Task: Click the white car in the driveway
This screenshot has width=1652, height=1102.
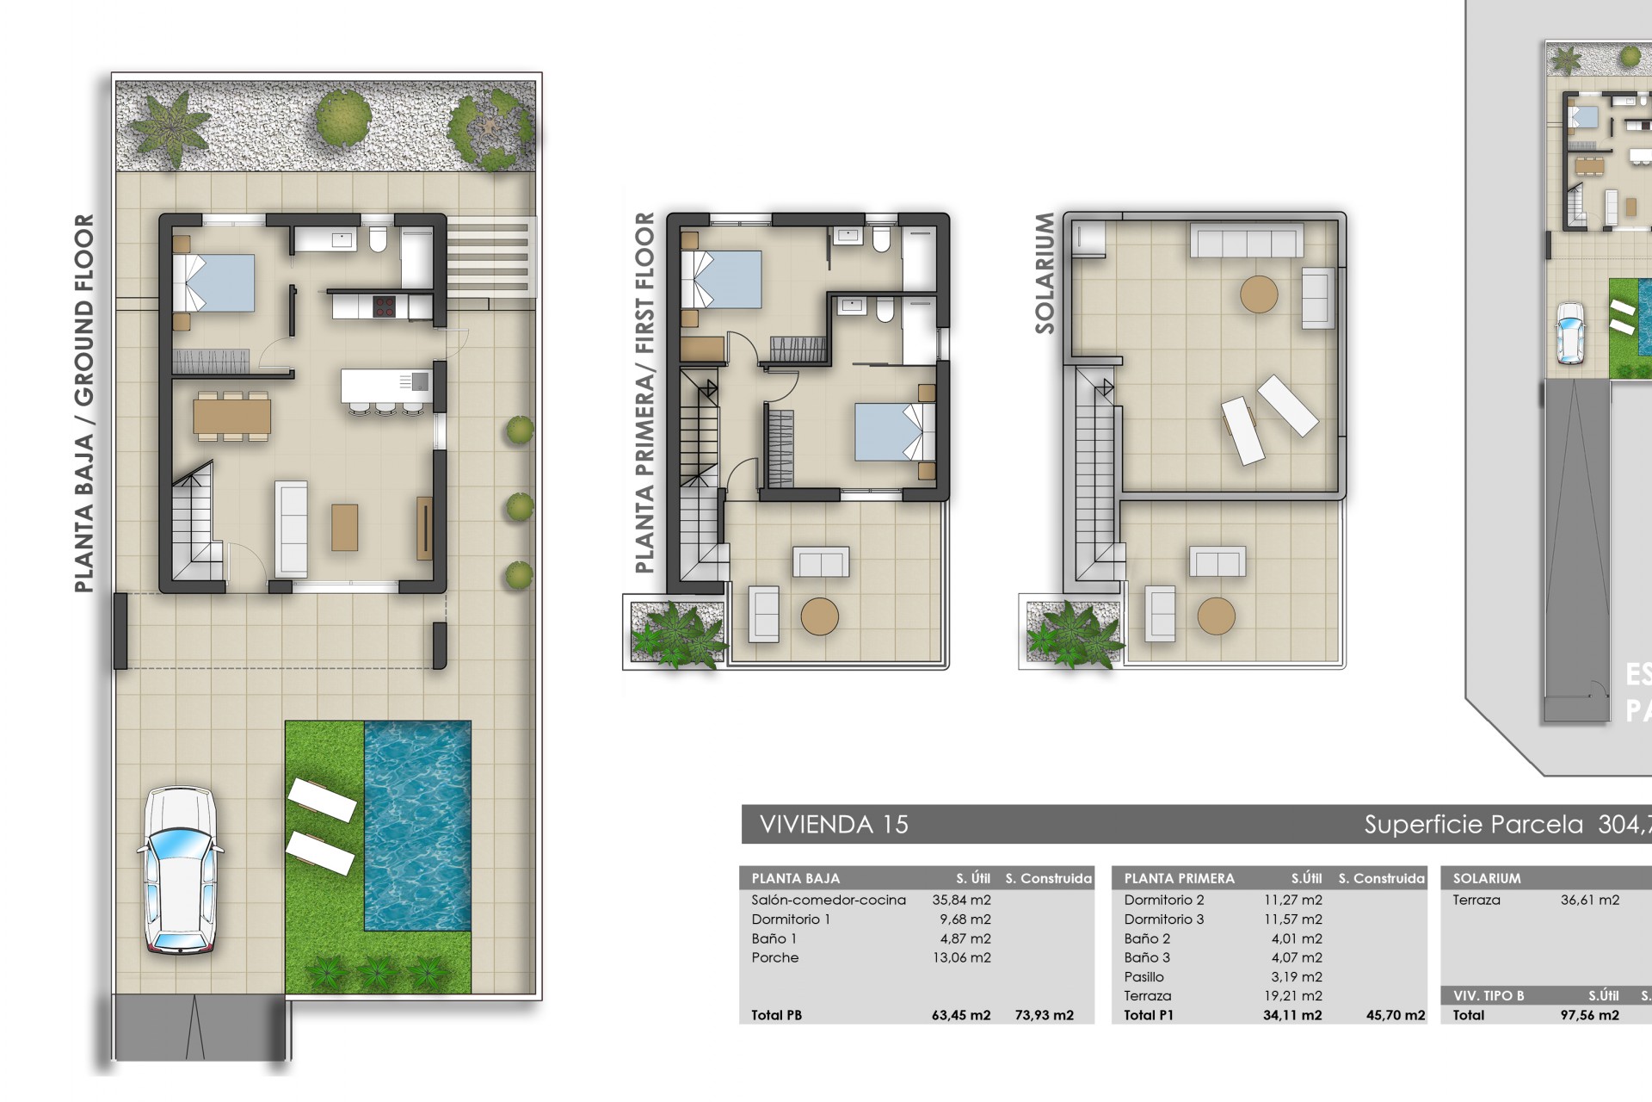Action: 178,870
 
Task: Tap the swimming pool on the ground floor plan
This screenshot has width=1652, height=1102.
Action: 417,825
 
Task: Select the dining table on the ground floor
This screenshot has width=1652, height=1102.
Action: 232,417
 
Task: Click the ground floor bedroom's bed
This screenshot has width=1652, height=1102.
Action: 215,282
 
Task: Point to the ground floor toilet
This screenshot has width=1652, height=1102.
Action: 378,238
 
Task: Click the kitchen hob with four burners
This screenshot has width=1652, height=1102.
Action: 384,306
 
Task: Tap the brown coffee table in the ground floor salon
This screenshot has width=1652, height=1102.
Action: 344,527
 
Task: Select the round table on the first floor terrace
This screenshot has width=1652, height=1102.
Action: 819,616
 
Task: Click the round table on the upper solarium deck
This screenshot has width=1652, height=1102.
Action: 1259,294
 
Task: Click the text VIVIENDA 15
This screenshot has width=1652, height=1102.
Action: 834,825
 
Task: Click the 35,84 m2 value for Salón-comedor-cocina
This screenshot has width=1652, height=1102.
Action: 961,900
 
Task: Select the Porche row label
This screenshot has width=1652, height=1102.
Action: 774,957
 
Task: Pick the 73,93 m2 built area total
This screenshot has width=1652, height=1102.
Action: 1044,1015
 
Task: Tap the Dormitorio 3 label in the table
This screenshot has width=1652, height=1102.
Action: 1163,919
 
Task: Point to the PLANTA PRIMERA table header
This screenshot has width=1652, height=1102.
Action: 1179,878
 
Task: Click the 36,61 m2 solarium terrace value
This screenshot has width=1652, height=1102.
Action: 1589,900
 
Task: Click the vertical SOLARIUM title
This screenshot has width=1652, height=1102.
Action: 1045,273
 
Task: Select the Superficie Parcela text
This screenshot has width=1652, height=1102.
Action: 1473,825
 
